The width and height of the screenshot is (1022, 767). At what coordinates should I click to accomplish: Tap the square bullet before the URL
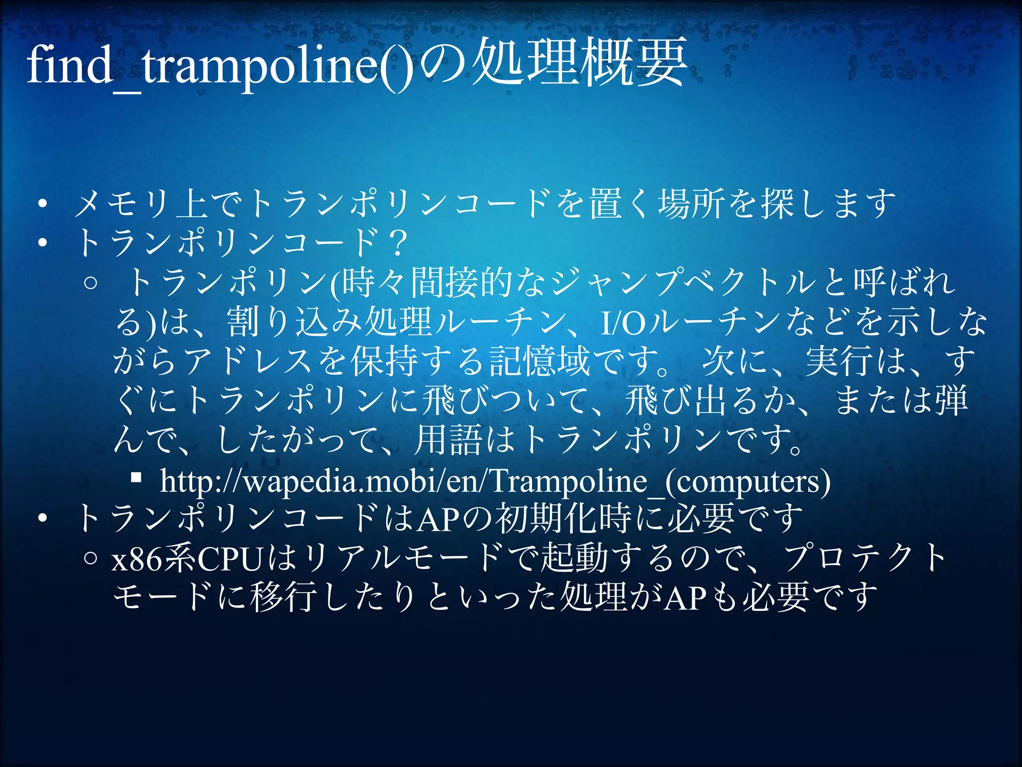pos(136,478)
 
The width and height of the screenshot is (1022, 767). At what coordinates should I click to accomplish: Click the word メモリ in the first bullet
pos(121,204)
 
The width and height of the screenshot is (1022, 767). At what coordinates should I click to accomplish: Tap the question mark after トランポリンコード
pos(398,244)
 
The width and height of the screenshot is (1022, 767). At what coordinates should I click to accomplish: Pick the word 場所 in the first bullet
pos(692,204)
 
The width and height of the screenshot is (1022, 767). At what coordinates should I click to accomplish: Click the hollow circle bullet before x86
pos(90,558)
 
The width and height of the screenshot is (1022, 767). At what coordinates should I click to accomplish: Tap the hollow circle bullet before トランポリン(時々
pos(90,283)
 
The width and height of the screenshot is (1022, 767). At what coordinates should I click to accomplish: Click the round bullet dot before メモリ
pos(43,204)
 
